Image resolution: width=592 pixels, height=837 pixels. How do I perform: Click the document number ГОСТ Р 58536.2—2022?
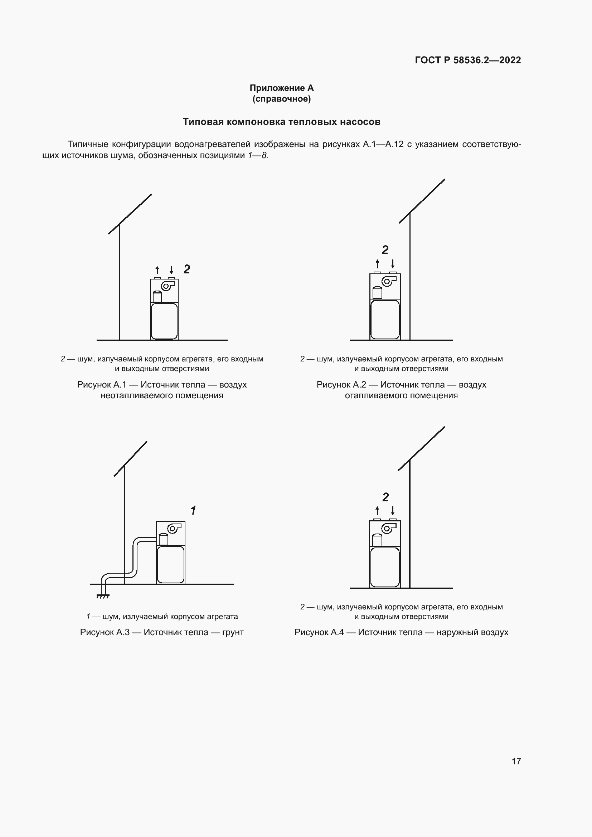pos(468,60)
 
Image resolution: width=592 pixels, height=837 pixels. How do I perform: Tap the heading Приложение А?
pos(281,88)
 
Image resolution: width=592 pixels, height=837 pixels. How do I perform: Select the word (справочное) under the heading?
pos(281,99)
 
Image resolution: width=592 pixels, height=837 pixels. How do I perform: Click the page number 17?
pos(516,761)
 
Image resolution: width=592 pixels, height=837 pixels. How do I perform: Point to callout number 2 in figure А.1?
pos(186,269)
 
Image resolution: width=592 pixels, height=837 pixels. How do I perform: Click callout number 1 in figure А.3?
pos(193,510)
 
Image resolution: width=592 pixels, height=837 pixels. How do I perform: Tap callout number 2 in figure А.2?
pos(385,250)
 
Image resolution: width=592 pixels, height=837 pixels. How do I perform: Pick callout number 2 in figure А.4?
pos(385,497)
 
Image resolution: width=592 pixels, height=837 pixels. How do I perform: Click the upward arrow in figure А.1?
pos(157,270)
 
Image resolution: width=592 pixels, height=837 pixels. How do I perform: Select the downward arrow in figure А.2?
pos(393,264)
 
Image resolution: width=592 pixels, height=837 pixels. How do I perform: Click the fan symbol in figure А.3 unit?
pos(173,529)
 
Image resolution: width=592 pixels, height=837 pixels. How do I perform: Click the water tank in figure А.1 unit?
pos(164,321)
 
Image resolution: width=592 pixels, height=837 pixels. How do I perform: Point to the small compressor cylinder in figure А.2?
pos(377,292)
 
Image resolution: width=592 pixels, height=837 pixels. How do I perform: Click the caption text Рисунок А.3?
pos(105,632)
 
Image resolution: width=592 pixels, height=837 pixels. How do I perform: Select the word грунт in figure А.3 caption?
pos(233,632)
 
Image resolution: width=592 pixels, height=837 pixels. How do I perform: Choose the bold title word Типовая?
pos(203,122)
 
